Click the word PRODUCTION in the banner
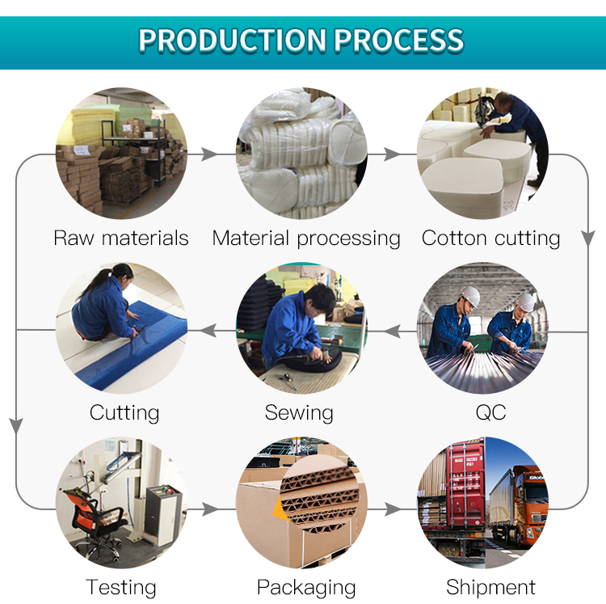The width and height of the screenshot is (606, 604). pyautogui.click(x=233, y=40)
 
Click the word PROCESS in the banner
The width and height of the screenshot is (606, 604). pyautogui.click(x=399, y=40)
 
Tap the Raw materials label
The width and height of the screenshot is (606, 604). pyautogui.click(x=121, y=238)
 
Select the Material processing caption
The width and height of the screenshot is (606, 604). pyautogui.click(x=306, y=239)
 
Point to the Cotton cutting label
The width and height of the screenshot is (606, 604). pyautogui.click(x=490, y=239)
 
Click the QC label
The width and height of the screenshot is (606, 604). pyautogui.click(x=490, y=412)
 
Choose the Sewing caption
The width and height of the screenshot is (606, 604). pyautogui.click(x=299, y=413)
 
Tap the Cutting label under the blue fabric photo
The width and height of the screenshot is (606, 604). pyautogui.click(x=124, y=413)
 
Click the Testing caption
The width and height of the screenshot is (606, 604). pyautogui.click(x=121, y=588)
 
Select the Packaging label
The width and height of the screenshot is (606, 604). pyautogui.click(x=306, y=588)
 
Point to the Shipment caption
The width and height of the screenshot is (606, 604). pyautogui.click(x=490, y=587)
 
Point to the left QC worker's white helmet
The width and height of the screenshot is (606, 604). pyautogui.click(x=470, y=296)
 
